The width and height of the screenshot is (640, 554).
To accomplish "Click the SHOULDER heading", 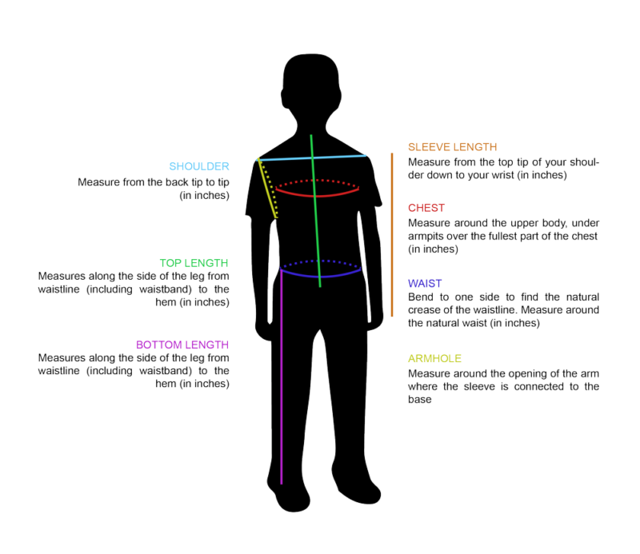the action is click(x=199, y=166).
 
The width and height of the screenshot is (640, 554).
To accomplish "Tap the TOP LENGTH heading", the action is click(x=194, y=263).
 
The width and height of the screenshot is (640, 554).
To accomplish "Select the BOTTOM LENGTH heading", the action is click(x=182, y=345).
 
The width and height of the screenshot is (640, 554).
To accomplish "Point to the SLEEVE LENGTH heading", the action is click(x=452, y=147).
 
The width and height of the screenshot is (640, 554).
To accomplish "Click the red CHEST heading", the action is click(x=426, y=208).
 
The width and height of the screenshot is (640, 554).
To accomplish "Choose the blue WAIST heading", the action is click(x=425, y=284).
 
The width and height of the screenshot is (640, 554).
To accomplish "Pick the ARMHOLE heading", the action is click(x=434, y=359).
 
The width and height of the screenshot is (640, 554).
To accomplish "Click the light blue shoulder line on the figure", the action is click(x=312, y=157).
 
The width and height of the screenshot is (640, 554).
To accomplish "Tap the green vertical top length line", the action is click(x=315, y=211).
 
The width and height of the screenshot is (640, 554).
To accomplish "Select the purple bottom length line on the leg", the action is click(x=282, y=377).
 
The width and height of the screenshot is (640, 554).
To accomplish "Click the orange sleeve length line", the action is click(x=392, y=234).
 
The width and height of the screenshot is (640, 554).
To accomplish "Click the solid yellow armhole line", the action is click(x=267, y=188).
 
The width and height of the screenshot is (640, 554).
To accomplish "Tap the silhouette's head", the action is click(x=311, y=84).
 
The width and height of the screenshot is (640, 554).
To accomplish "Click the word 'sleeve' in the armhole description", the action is click(x=479, y=386).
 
